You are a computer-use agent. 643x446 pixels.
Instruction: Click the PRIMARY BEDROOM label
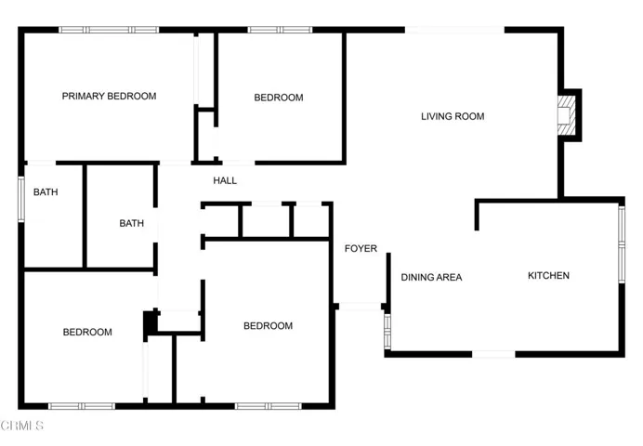click(x=109, y=96)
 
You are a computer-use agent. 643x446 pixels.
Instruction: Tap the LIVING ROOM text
click(x=453, y=116)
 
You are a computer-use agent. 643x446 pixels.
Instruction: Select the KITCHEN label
click(x=548, y=275)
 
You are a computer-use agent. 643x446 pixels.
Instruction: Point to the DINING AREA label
click(x=431, y=278)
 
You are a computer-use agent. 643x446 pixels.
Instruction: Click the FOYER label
click(x=361, y=248)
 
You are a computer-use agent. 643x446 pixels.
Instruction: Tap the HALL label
click(x=225, y=180)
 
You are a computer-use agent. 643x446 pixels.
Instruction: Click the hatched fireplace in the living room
click(x=566, y=115)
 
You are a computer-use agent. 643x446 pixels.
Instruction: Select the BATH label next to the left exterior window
click(x=46, y=191)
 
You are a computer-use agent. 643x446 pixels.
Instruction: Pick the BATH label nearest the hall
click(x=132, y=223)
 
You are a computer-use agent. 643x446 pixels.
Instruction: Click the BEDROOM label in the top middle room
click(x=279, y=98)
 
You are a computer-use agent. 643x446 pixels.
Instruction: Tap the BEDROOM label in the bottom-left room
click(x=87, y=332)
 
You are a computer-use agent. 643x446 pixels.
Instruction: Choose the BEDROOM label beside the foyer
click(x=269, y=326)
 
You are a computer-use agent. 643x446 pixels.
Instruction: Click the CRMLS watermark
click(x=21, y=426)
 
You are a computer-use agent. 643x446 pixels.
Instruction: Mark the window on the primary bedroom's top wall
click(x=109, y=30)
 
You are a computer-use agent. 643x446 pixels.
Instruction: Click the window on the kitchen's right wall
click(x=622, y=244)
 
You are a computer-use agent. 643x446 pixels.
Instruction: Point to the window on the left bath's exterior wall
click(x=21, y=199)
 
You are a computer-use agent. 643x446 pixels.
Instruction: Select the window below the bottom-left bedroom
click(x=82, y=406)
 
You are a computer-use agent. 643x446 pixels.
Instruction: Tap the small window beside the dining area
click(x=387, y=331)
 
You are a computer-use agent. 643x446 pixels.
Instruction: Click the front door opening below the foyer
click(x=360, y=307)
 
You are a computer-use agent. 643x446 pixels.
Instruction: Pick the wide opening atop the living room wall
click(x=454, y=30)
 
